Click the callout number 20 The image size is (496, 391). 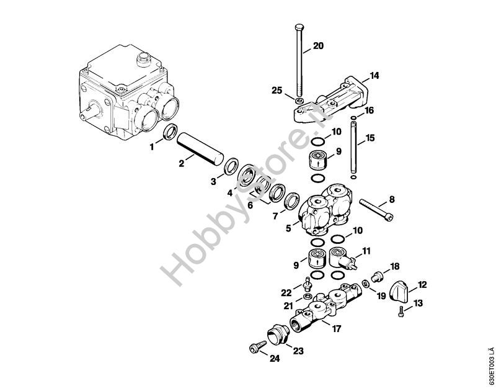tap(318, 46)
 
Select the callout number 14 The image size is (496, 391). tap(374, 76)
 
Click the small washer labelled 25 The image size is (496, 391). tap(298, 101)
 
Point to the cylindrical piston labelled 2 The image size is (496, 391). tap(200, 148)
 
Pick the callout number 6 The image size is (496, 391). tap(250, 205)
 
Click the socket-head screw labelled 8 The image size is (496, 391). tap(376, 209)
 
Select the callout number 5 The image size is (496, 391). tap(288, 228)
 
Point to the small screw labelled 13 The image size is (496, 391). tap(401, 311)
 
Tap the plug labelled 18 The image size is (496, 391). tap(378, 276)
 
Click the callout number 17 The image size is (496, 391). tap(336, 329)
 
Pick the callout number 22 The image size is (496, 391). tap(286, 293)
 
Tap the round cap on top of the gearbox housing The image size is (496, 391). tap(143, 60)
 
